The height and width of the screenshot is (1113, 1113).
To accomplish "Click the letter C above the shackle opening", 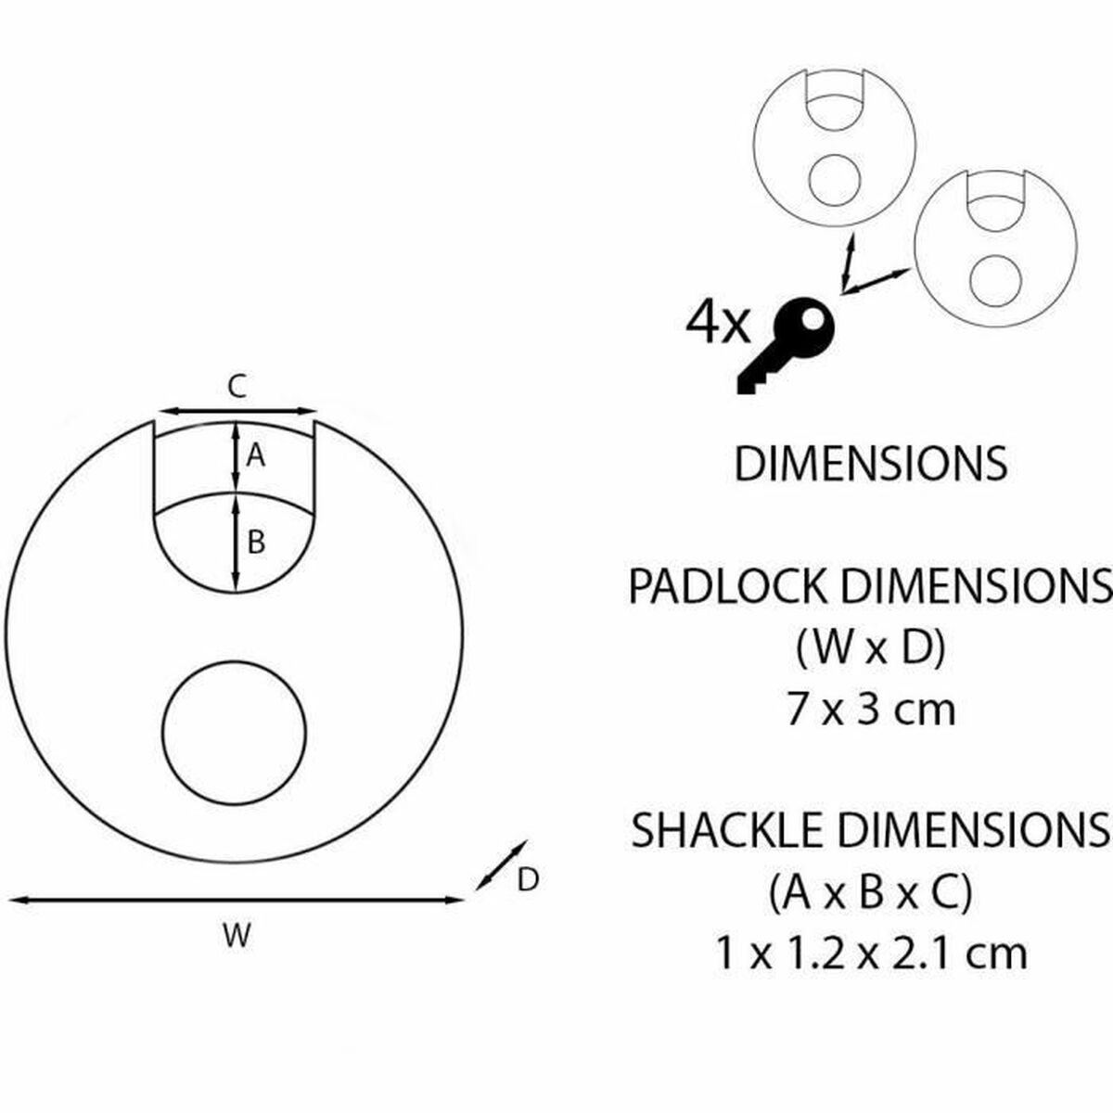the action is click(237, 387).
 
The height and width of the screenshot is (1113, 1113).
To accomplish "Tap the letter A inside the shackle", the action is click(255, 456).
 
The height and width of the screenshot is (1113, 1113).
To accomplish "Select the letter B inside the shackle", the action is click(256, 543).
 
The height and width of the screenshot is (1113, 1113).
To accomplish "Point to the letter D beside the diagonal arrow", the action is click(528, 880).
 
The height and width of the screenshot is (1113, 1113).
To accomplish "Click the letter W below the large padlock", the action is click(237, 936).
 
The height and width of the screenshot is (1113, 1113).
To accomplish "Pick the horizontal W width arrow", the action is click(237, 900).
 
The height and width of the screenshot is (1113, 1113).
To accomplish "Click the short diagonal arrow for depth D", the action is click(501, 865).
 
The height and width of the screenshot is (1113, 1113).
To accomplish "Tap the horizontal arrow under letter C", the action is click(237, 411).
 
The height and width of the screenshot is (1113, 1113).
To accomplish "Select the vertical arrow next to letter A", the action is click(236, 457).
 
